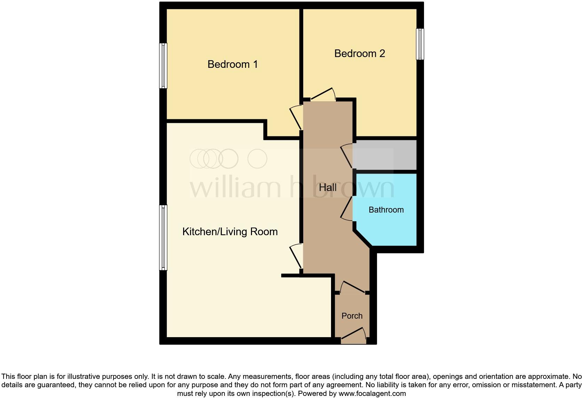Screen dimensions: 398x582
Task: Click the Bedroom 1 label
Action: click(x=233, y=64)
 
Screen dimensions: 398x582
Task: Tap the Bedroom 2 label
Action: click(x=360, y=54)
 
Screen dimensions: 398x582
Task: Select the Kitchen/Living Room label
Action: click(x=230, y=232)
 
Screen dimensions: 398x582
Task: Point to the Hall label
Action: click(x=328, y=188)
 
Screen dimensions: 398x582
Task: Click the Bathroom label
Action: click(x=386, y=210)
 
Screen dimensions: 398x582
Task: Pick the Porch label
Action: click(x=352, y=316)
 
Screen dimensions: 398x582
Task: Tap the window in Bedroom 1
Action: click(x=163, y=66)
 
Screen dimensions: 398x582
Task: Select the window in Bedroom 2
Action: click(x=420, y=44)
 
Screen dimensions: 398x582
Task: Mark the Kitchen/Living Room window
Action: click(x=163, y=238)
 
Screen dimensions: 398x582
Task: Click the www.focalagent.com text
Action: click(x=372, y=393)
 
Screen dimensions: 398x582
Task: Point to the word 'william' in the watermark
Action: click(x=235, y=188)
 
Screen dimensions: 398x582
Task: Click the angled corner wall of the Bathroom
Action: click(x=363, y=238)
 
